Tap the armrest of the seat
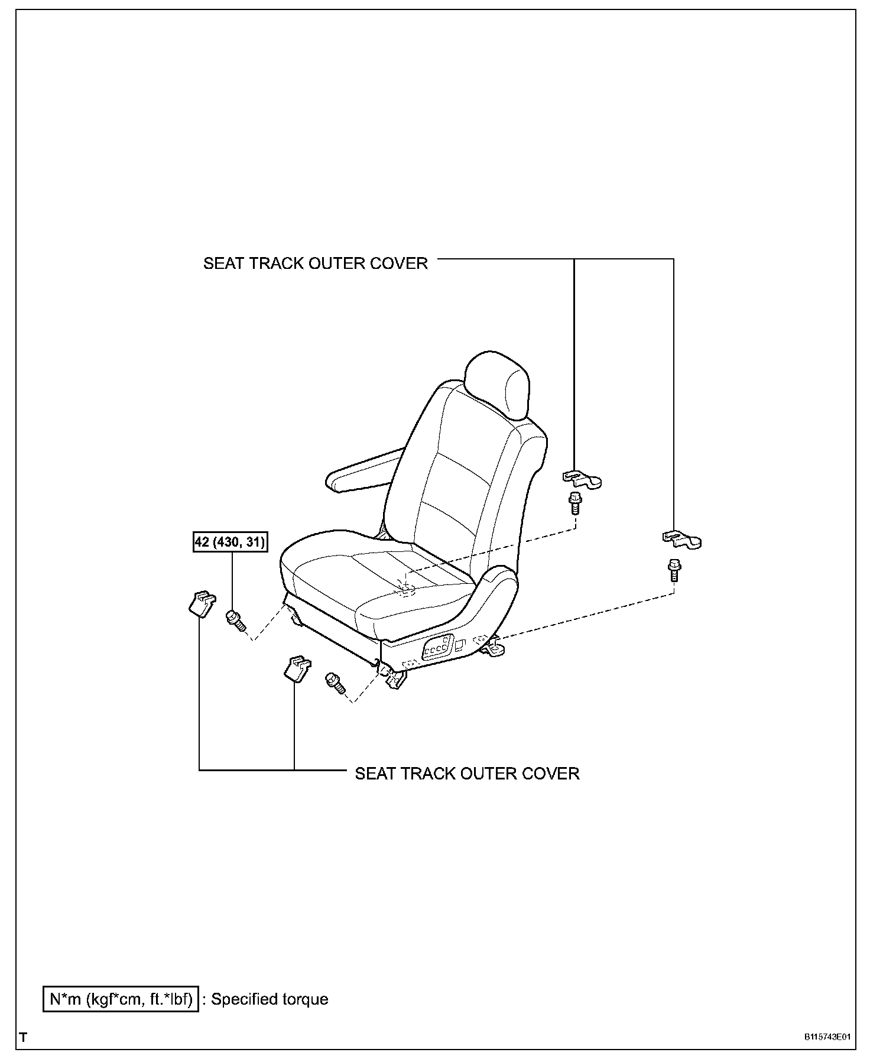(361, 469)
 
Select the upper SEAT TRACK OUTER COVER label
(315, 264)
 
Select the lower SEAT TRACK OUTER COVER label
(467, 774)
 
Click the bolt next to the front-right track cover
(335, 684)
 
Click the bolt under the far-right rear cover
(673, 570)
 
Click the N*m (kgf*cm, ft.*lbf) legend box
(121, 999)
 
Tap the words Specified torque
(270, 999)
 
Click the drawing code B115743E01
(827, 1037)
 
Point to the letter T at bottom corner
(23, 1037)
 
